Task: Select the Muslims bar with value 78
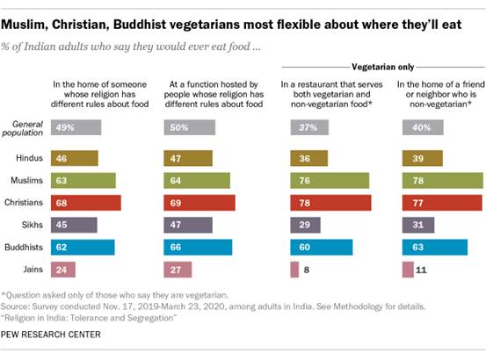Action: point(442,180)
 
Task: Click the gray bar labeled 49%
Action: point(76,127)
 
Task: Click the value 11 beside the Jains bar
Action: point(423,268)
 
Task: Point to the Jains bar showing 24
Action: point(65,268)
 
